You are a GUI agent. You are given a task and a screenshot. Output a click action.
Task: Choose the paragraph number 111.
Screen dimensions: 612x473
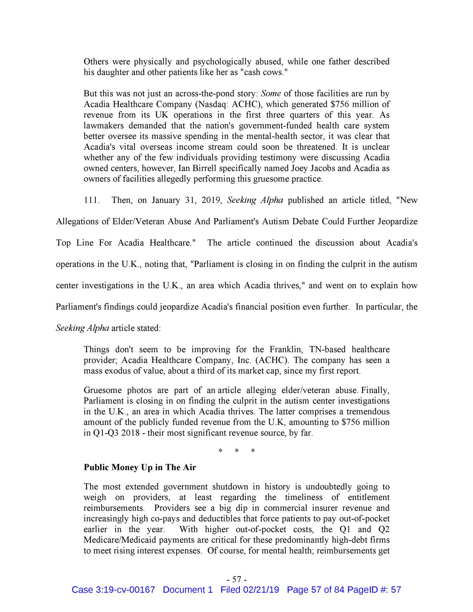click(x=91, y=201)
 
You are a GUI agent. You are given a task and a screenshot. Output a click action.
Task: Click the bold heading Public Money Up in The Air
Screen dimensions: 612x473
click(x=140, y=467)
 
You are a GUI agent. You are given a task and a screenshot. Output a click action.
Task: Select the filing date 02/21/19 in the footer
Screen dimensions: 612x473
click(x=261, y=590)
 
